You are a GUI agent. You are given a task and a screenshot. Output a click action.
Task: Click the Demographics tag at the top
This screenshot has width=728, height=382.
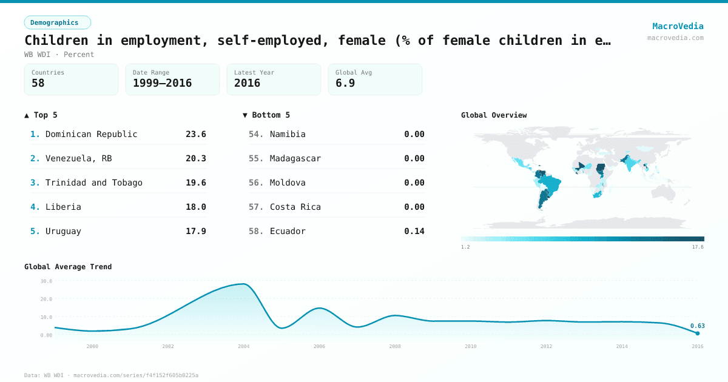[57, 22]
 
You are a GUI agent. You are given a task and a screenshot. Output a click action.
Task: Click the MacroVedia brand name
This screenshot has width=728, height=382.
[678, 26]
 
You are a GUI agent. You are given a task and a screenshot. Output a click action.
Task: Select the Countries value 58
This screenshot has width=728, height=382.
[38, 83]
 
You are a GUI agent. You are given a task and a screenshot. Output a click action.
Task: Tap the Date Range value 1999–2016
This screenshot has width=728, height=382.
[162, 83]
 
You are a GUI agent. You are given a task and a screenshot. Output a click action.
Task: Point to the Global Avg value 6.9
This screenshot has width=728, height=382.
[345, 83]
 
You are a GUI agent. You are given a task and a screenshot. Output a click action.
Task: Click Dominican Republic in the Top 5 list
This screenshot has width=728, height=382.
[92, 134]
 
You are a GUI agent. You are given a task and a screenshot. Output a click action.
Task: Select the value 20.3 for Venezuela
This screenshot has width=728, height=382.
[195, 158]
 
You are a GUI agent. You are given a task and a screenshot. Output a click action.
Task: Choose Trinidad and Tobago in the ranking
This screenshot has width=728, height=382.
[94, 183]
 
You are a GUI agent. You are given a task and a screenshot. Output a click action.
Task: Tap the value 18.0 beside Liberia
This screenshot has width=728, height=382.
[195, 207]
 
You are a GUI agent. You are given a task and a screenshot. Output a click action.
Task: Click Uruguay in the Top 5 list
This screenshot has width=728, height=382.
[63, 231]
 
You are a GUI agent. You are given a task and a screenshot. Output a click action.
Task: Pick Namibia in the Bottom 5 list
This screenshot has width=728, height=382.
[288, 134]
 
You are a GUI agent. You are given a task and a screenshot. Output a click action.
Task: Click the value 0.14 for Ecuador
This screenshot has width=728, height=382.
[414, 231]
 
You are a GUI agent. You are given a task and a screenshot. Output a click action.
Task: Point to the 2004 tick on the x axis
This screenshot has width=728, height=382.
[243, 346]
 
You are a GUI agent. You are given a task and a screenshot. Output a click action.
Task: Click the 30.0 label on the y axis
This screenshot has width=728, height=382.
[46, 281]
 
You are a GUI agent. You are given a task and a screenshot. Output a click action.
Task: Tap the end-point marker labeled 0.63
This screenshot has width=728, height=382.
[697, 333]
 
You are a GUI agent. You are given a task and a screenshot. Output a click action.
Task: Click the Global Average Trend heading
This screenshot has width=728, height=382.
[68, 267]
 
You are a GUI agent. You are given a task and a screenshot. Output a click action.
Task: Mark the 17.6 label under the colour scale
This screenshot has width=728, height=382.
[698, 247]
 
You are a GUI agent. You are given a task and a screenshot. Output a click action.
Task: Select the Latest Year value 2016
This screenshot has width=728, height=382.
[247, 83]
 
